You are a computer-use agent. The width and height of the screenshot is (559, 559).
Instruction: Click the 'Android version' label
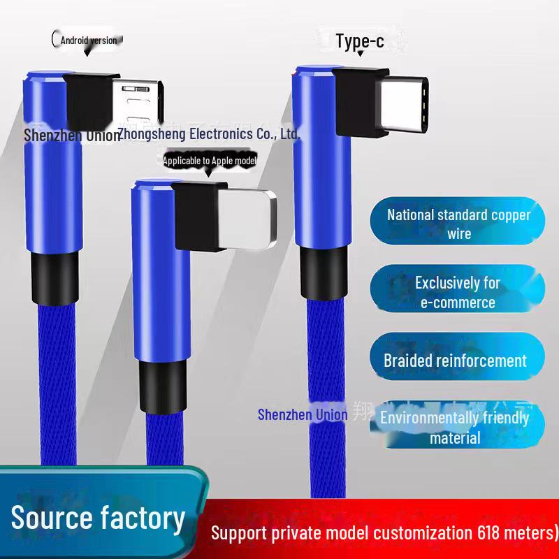pyautogui.click(x=88, y=40)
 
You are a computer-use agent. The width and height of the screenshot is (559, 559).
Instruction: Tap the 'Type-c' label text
pyautogui.click(x=359, y=41)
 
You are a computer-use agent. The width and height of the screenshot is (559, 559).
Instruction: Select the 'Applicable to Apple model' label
pyautogui.click(x=209, y=161)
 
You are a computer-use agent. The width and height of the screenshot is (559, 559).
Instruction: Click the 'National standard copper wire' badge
pyautogui.click(x=458, y=224)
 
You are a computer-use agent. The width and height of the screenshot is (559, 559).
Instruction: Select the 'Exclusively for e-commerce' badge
pyautogui.click(x=458, y=292)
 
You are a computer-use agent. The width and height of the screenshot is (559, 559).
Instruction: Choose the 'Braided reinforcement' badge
pyautogui.click(x=455, y=361)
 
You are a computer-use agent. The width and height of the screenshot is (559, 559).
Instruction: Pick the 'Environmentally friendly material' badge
pyautogui.click(x=455, y=427)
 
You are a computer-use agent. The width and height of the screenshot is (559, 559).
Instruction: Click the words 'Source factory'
pyautogui.click(x=99, y=518)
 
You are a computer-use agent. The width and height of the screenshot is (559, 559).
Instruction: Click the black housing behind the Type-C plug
pyautogui.click(x=358, y=101)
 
